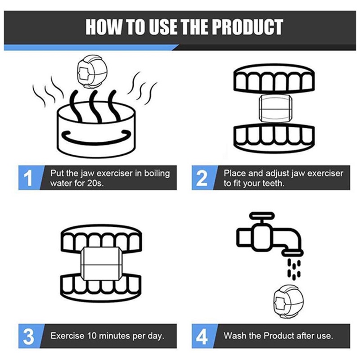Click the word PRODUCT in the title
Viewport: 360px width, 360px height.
[247, 27]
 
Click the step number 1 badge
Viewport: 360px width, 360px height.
[28, 178]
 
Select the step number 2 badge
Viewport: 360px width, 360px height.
[202, 178]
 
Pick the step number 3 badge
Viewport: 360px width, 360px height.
[28, 336]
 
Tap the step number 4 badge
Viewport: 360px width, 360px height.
[202, 336]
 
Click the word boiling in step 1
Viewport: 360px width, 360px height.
[157, 174]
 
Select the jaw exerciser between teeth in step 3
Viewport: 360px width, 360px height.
[102, 265]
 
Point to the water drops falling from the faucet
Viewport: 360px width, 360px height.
[294, 269]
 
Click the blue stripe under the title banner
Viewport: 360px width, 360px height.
[91, 48]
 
